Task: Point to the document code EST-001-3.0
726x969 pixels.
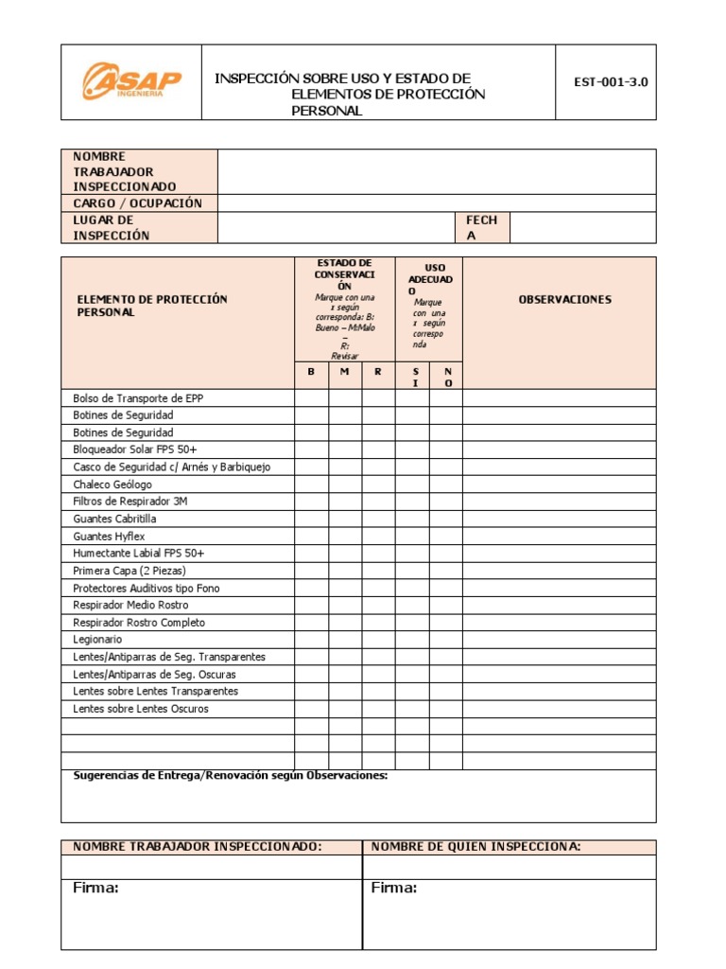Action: [611, 82]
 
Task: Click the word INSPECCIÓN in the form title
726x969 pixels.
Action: [256, 79]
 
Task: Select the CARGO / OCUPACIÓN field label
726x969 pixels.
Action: [138, 203]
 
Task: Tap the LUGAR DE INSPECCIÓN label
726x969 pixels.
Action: [112, 228]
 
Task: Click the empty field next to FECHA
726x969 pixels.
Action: [581, 228]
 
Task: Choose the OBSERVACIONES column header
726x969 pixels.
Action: [565, 299]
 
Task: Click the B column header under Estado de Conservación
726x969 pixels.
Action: [311, 372]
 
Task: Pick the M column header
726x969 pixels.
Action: [345, 372]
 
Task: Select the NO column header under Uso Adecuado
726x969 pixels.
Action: [447, 377]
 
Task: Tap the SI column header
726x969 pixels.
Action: [413, 377]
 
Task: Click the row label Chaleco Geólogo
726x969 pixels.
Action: [112, 484]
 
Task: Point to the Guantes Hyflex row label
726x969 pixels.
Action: [110, 536]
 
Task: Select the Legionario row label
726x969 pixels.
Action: [97, 640]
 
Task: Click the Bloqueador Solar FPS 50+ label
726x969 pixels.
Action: [135, 449]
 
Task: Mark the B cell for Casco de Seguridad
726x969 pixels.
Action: [311, 467]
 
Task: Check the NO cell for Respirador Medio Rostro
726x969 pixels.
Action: [447, 606]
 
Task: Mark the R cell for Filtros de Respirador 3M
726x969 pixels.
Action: [378, 502]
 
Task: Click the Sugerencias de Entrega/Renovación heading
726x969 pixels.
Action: [231, 776]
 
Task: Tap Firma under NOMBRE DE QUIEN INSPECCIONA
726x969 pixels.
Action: [393, 888]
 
